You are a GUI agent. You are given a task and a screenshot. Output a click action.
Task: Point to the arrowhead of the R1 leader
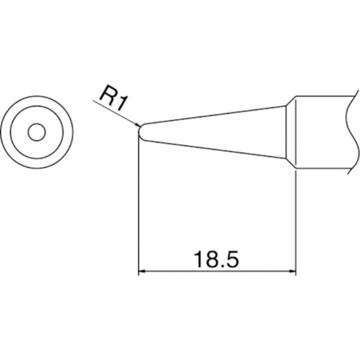click(137, 125)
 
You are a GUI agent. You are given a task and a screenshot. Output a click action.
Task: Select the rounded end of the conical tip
click(141, 131)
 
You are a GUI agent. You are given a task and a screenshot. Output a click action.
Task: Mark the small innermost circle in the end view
click(37, 133)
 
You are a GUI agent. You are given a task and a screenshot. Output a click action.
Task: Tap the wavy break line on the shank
click(351, 132)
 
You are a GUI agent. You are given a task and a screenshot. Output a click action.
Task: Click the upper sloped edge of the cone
click(216, 115)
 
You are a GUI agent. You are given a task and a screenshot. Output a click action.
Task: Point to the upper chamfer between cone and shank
click(290, 101)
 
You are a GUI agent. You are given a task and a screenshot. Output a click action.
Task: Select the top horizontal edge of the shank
click(324, 96)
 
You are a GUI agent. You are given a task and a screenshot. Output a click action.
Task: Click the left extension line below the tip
click(139, 206)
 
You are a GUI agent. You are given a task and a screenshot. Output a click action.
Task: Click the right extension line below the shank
click(296, 221)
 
